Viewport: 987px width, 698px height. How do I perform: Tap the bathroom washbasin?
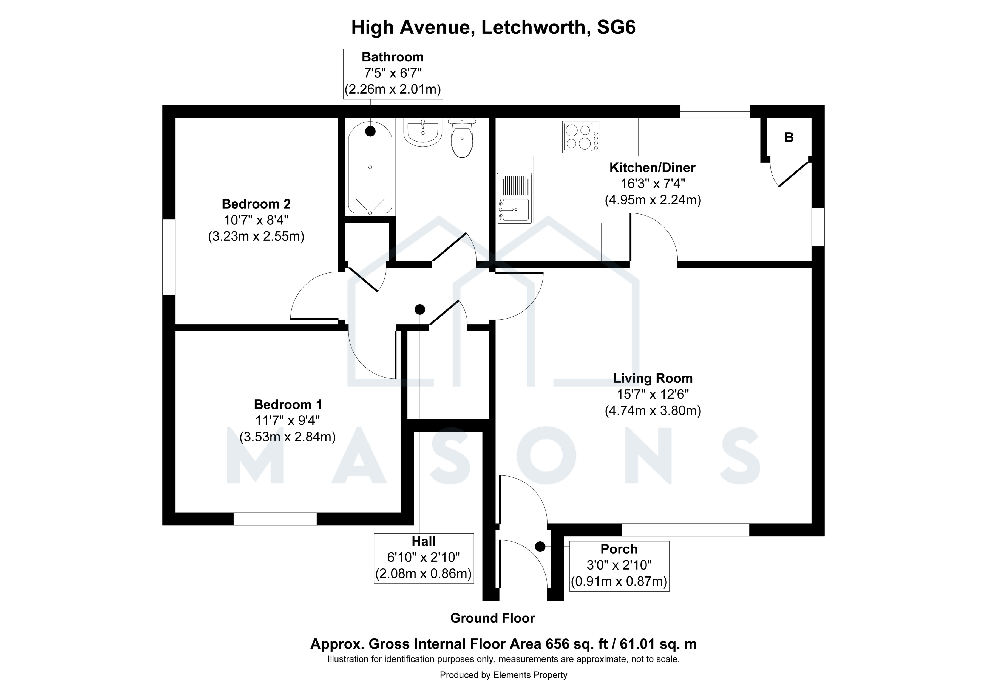tap(423, 131)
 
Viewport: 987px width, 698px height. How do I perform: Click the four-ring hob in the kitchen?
tap(581, 137)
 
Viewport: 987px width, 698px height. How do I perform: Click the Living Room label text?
tap(653, 378)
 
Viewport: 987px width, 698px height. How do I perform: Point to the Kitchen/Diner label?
tap(652, 168)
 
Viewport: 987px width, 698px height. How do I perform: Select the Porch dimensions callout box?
tap(619, 566)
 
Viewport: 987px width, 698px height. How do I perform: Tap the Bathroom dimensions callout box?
tap(393, 74)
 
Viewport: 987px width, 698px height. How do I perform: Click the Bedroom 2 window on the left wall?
tap(169, 257)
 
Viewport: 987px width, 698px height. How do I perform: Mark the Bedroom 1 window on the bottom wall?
tap(275, 519)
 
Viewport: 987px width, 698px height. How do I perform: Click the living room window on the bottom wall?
tap(686, 530)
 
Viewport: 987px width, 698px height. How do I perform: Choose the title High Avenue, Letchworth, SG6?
tap(493, 27)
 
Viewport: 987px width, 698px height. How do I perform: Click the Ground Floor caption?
tap(493, 618)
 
